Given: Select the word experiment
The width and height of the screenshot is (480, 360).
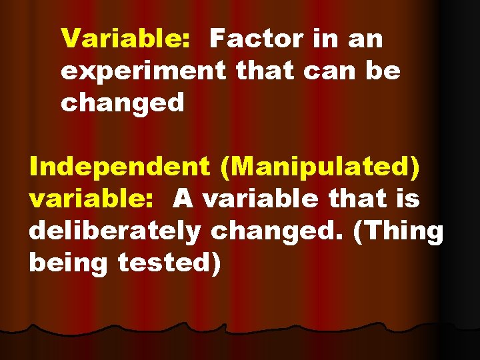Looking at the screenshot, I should (143, 71).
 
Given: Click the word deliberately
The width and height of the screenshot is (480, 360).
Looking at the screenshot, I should (114, 231).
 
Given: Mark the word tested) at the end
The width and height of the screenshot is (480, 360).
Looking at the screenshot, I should (169, 263).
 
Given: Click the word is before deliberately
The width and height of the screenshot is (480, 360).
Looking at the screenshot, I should (406, 199).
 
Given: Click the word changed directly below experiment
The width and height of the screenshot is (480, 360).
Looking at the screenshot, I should (122, 103).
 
